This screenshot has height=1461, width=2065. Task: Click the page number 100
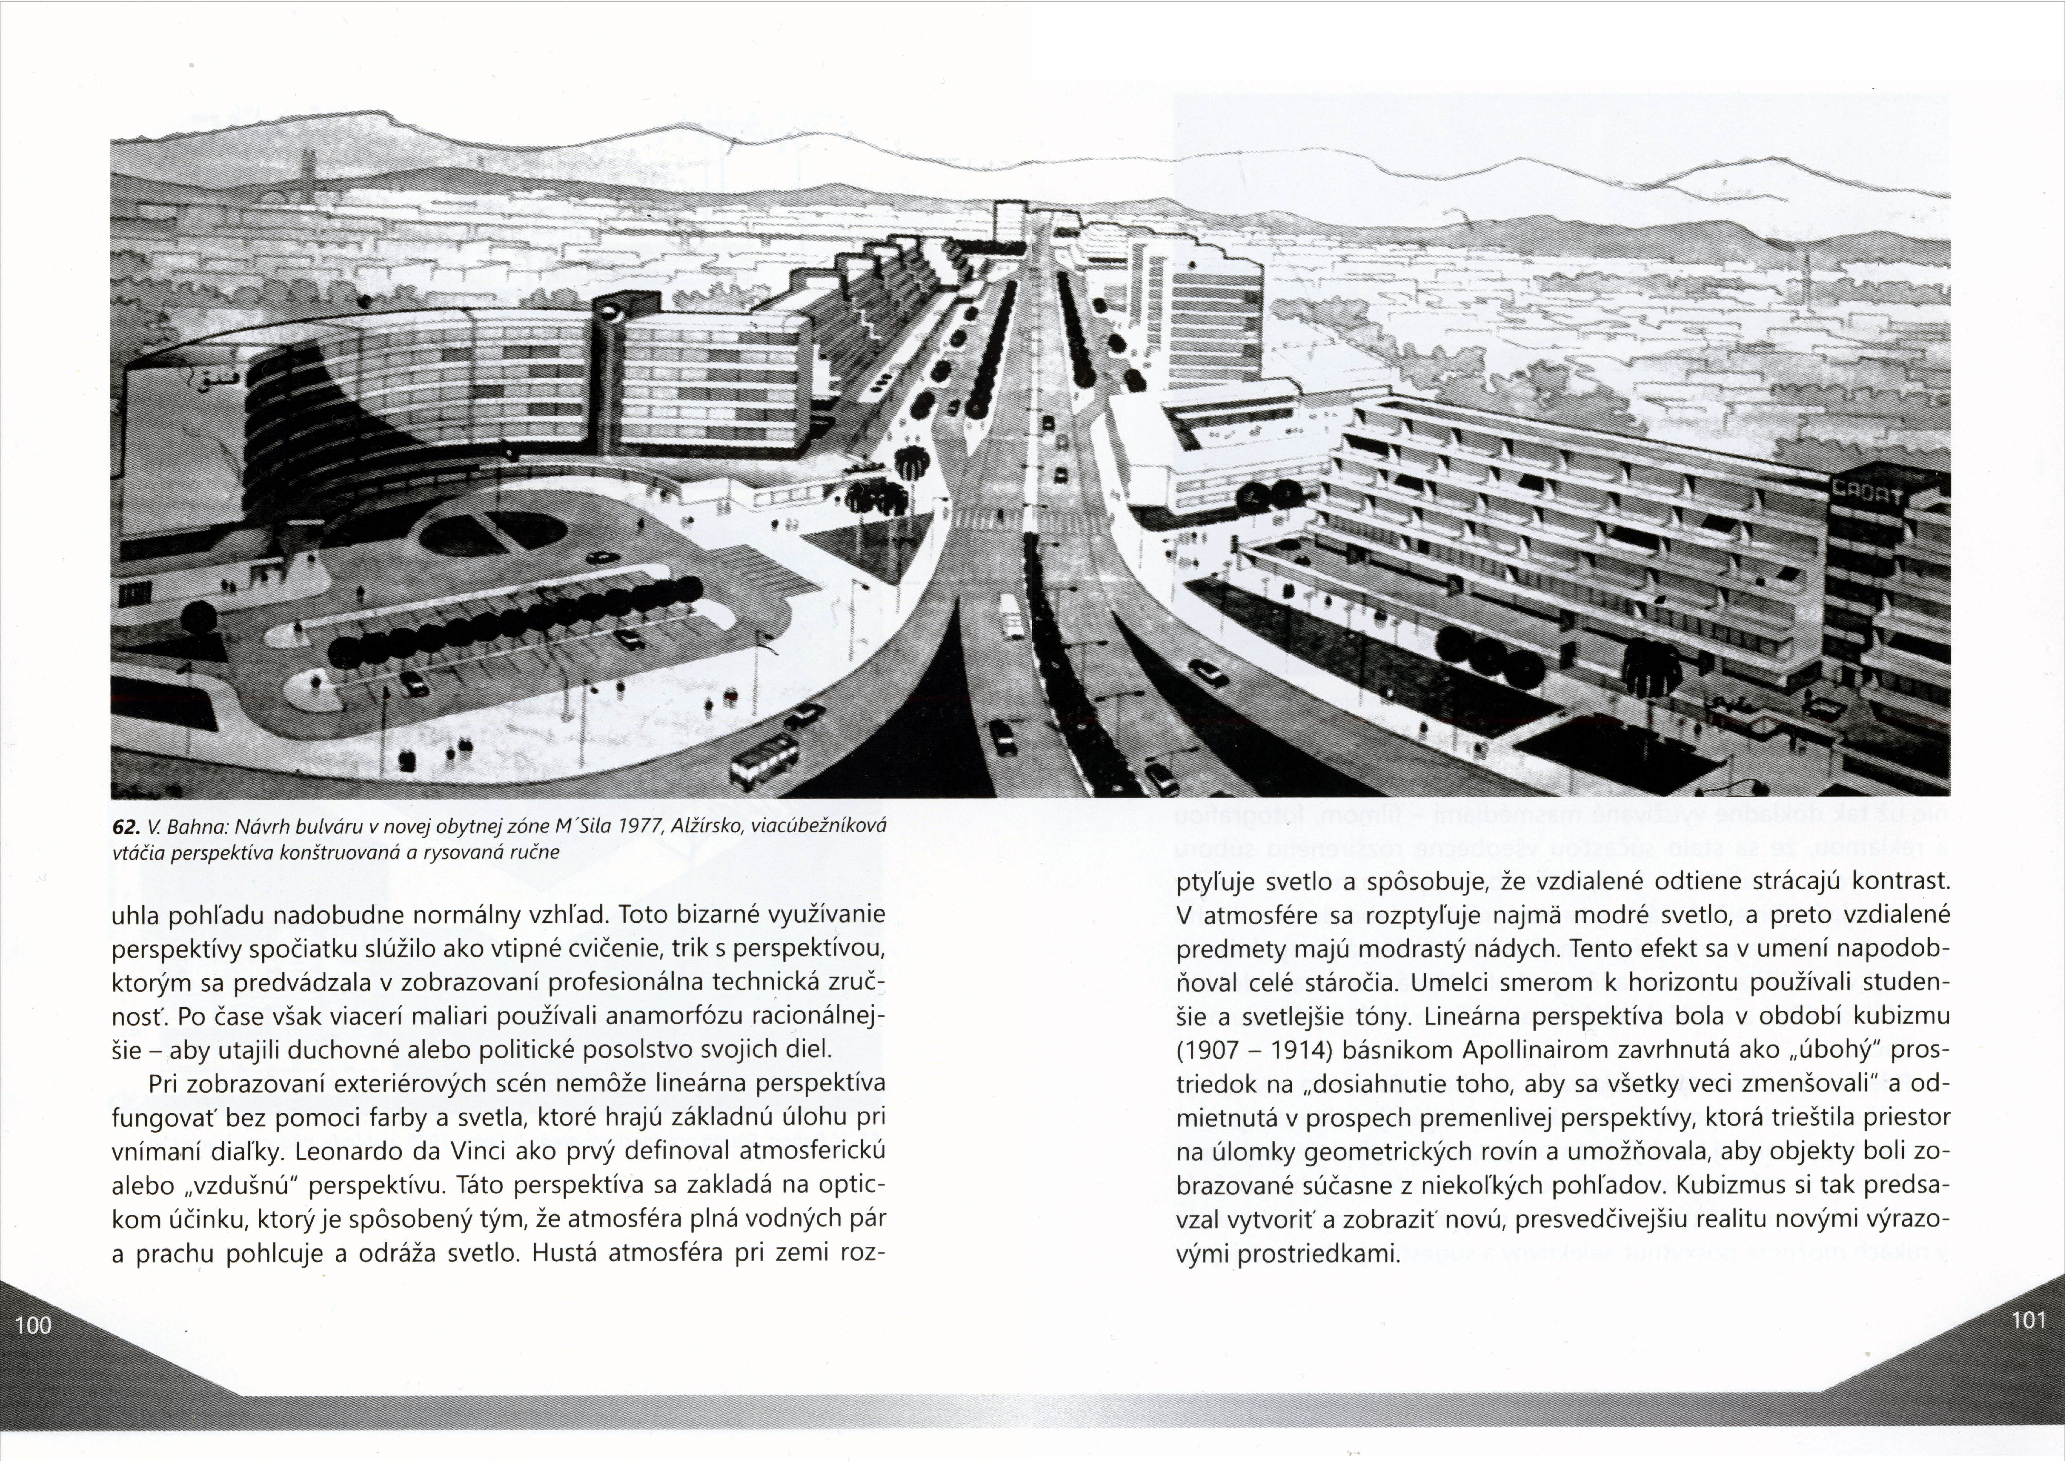tap(33, 1324)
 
